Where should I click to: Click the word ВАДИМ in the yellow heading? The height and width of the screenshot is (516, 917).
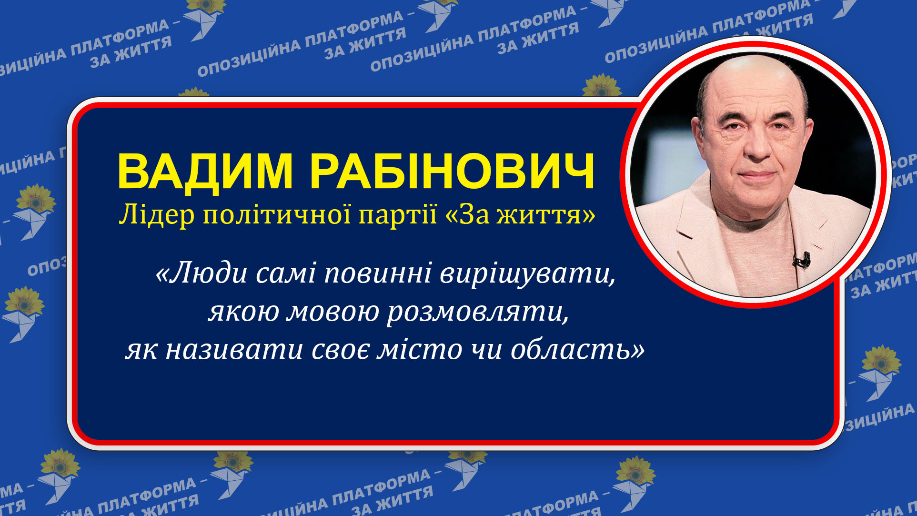[205, 172]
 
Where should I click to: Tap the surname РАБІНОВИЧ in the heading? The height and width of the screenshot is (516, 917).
[453, 172]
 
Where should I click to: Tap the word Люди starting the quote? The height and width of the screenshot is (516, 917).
[202, 273]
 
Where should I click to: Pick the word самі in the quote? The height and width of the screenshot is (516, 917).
[286, 273]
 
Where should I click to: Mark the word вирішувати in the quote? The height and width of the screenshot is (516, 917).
[527, 274]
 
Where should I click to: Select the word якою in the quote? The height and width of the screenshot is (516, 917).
[243, 313]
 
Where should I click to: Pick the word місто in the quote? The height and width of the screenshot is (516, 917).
[419, 350]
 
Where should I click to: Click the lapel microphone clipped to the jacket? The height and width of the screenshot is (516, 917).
[802, 259]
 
